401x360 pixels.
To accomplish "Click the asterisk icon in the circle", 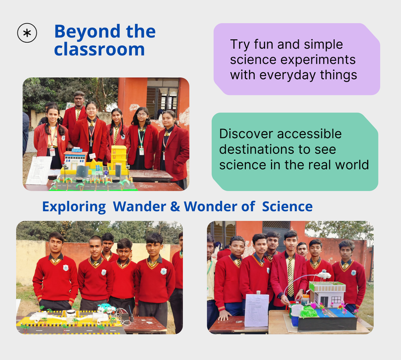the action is pyautogui.click(x=27, y=33).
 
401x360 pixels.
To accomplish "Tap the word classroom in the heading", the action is pyautogui.click(x=99, y=49).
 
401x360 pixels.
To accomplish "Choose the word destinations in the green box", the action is pyautogui.click(x=258, y=150).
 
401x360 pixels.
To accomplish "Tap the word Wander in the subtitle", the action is pyautogui.click(x=139, y=206).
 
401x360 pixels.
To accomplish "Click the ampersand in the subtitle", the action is pyautogui.click(x=175, y=207).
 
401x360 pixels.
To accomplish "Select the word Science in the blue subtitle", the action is pyautogui.click(x=287, y=206).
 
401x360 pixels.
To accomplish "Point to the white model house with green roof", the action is pyautogui.click(x=327, y=294).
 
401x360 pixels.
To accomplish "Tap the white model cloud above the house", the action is pyautogui.click(x=324, y=275).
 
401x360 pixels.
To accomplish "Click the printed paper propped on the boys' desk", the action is pyautogui.click(x=257, y=310).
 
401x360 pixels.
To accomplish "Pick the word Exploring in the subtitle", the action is pyautogui.click(x=74, y=207).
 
